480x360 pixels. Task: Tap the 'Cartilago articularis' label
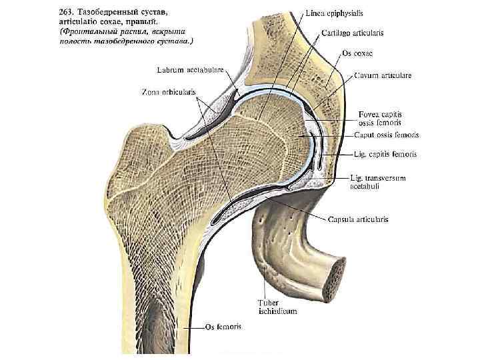pyautogui.click(x=353, y=32)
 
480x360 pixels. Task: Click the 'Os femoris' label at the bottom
pyautogui.click(x=224, y=327)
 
